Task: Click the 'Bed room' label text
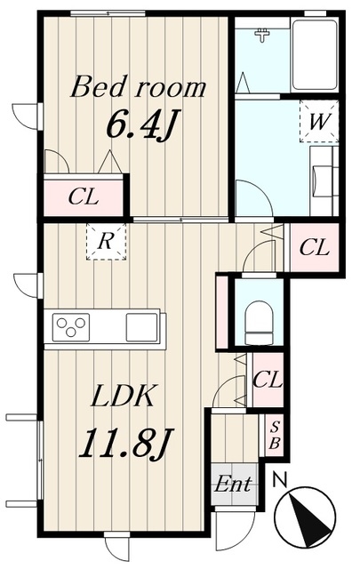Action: click(139, 87)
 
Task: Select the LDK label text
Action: click(124, 396)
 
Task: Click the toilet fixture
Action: click(260, 322)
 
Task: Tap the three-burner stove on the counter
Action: click(71, 327)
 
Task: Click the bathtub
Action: click(315, 55)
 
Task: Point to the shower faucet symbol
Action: click(262, 36)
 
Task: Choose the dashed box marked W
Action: click(319, 122)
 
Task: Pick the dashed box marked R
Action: click(106, 241)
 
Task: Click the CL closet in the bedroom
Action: click(84, 197)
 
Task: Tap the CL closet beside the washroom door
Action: click(315, 248)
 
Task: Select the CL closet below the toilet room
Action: click(268, 380)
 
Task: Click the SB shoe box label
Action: click(275, 437)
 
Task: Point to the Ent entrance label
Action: click(234, 484)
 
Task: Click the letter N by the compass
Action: click(280, 480)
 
